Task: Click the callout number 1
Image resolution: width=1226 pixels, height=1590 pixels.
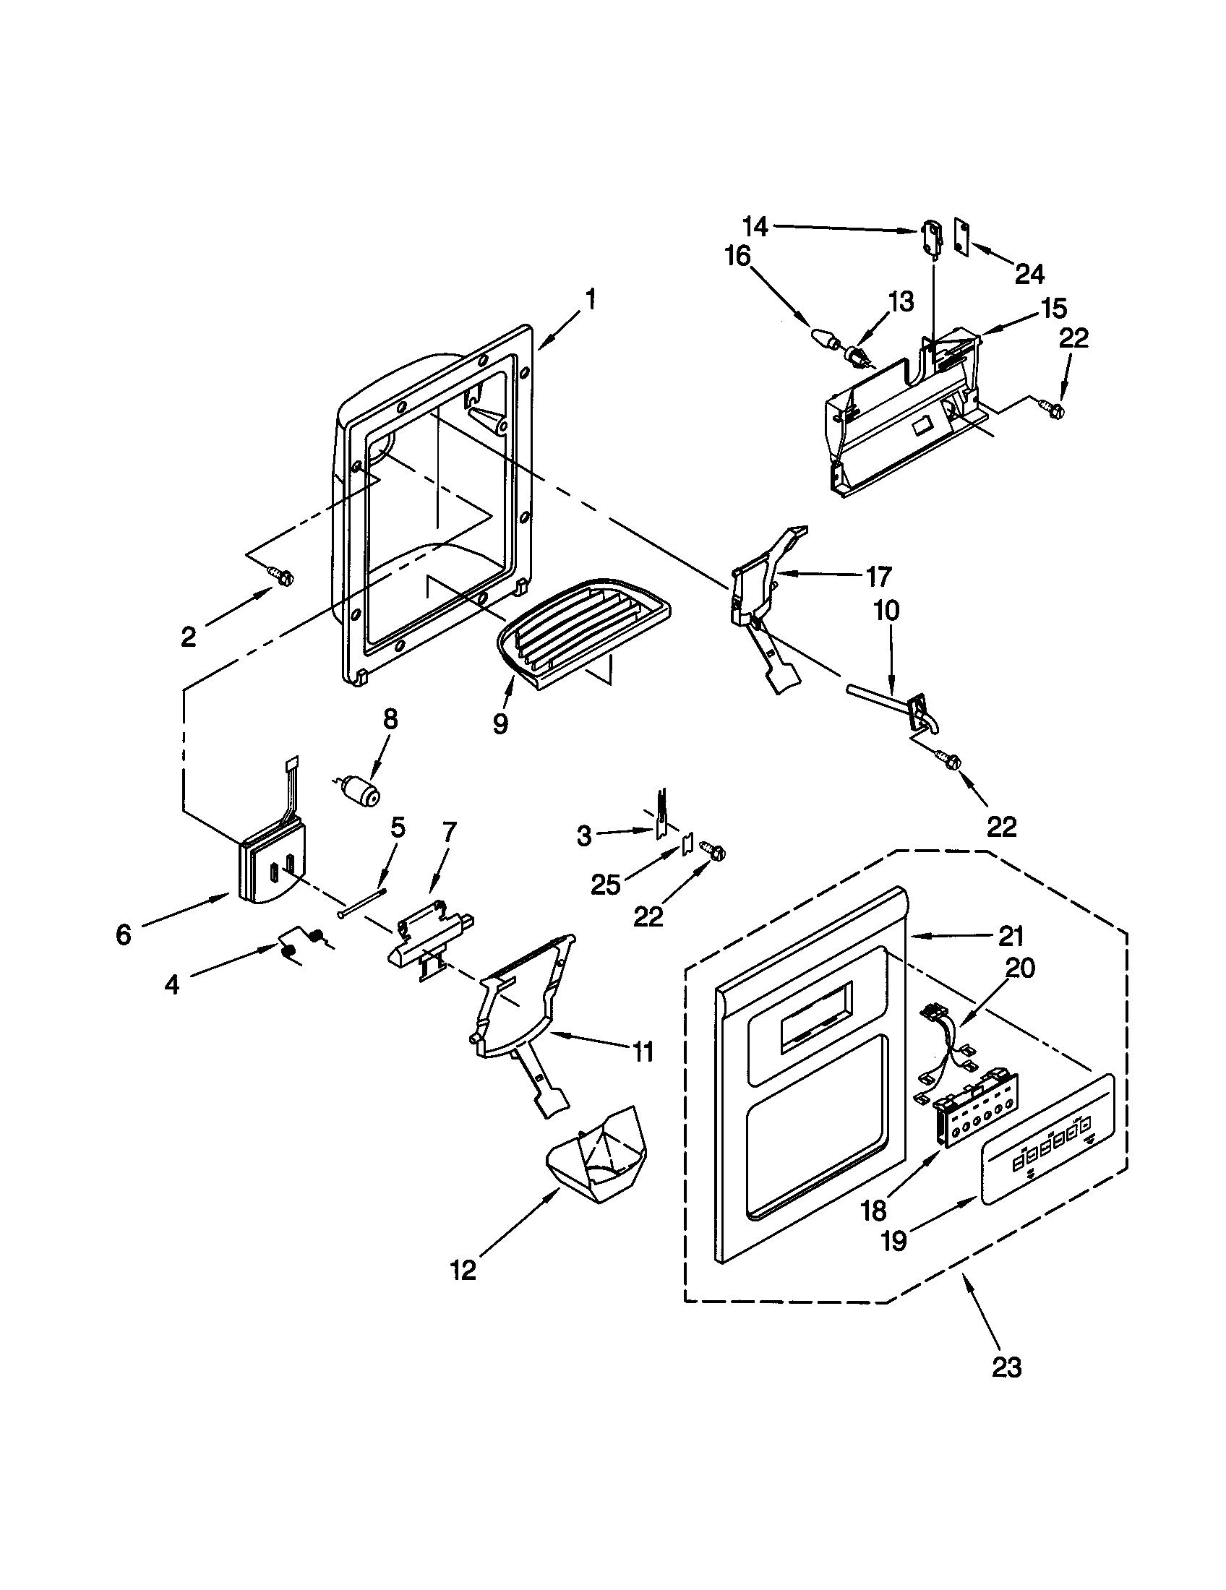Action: pyautogui.click(x=591, y=299)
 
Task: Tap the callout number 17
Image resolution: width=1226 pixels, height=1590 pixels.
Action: pyautogui.click(x=879, y=577)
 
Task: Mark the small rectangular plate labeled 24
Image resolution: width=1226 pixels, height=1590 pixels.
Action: pyautogui.click(x=961, y=237)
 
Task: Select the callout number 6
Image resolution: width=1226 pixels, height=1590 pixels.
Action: pyautogui.click(x=124, y=933)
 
